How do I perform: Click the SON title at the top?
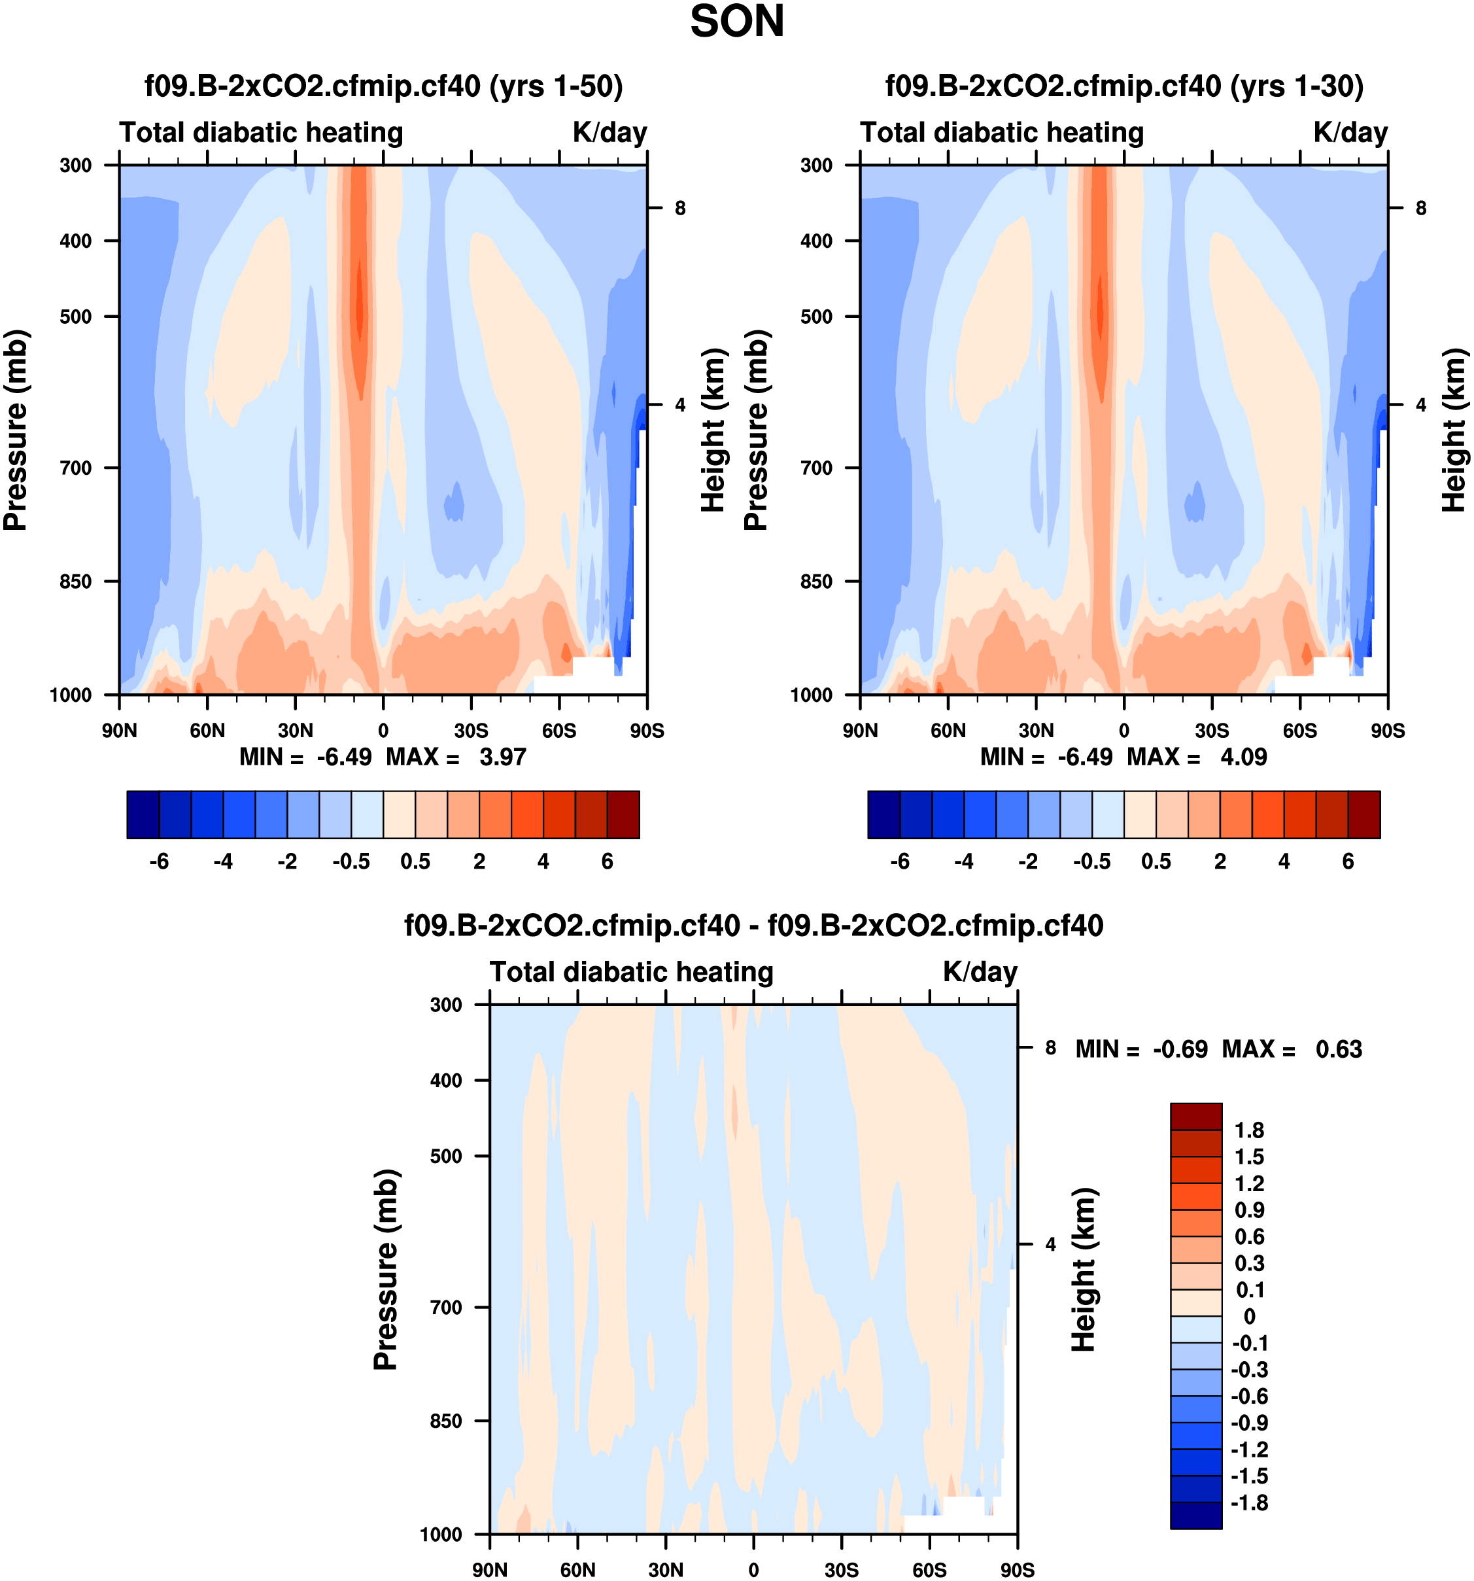(736, 22)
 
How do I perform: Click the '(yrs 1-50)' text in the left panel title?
(555, 86)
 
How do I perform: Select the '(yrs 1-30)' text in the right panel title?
(1296, 86)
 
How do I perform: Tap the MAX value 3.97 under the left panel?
(502, 756)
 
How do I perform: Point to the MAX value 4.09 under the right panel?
(1243, 756)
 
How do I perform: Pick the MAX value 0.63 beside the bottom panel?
(1338, 1049)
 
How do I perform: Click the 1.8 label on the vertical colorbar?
(1248, 1130)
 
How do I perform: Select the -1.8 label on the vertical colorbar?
(1248, 1503)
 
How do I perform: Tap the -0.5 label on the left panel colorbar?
(351, 861)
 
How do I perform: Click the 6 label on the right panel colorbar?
(1348, 861)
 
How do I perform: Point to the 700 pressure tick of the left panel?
(77, 468)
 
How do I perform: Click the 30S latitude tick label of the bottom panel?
(841, 1569)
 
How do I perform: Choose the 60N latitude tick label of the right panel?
(948, 730)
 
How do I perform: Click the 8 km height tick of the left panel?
(679, 209)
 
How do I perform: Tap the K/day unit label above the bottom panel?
(980, 972)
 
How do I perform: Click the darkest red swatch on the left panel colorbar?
(623, 814)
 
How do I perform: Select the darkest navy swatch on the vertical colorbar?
(1195, 1514)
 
